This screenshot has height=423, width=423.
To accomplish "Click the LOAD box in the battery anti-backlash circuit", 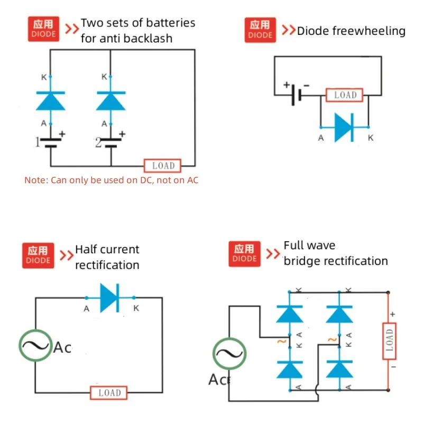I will pos(163,165).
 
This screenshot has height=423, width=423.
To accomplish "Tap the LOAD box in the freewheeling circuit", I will pos(345,95).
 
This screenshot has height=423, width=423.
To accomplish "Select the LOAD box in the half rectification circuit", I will pos(109,393).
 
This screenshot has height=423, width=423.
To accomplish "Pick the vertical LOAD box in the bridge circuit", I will pos(389,341).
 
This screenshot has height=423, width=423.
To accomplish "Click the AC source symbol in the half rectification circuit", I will pos(36,346).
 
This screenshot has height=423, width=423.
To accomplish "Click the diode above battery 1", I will pos(50,100).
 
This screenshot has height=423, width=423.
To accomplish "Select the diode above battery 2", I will pos(111,100).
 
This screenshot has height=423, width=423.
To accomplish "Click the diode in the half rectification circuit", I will pos(110,298).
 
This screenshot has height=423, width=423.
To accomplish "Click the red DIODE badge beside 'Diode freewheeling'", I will pos(260,30).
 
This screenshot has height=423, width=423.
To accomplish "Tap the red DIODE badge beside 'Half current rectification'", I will pos(38,254).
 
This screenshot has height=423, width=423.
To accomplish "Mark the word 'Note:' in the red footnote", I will pos(36,180).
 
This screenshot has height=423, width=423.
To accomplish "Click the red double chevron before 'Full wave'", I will pos(273,253).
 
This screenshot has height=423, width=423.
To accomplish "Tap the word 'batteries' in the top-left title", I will pos(171,23).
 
